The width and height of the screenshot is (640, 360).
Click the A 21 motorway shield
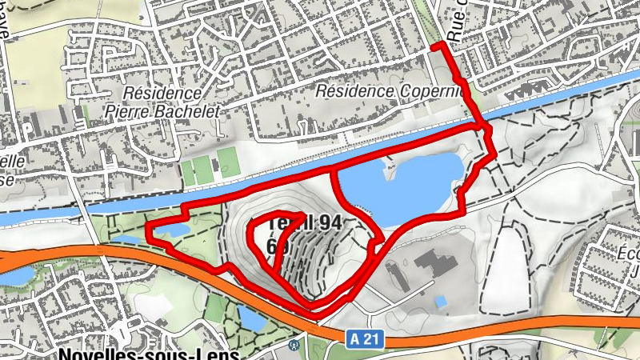point(365,339)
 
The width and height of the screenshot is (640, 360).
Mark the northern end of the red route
point(434,48)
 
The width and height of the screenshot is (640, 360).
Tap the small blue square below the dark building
point(441,302)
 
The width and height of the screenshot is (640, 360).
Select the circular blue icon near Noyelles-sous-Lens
point(294,346)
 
